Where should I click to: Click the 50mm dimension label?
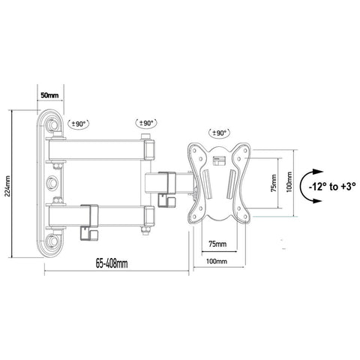click(49, 96)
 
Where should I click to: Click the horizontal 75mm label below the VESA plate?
click(217, 244)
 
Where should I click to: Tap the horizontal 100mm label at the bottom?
click(217, 260)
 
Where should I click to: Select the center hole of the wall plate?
click(52, 182)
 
